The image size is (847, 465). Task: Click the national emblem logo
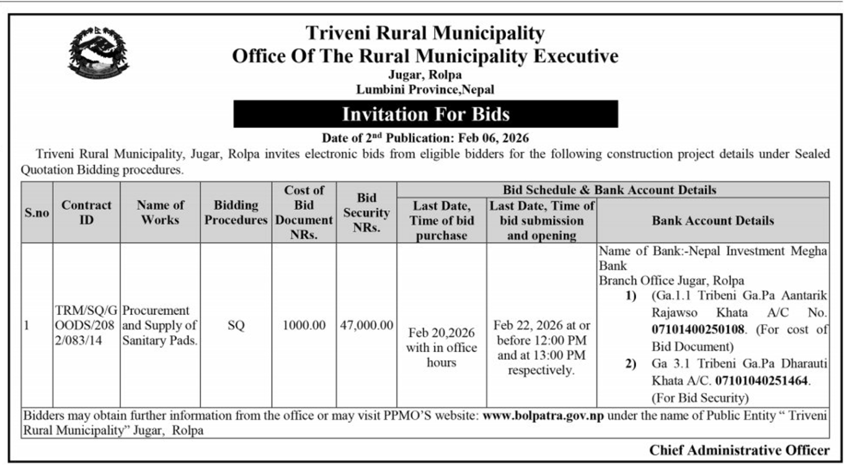98,53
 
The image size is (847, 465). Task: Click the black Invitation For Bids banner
425,114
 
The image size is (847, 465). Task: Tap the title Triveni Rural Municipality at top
425,33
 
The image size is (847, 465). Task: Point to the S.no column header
37,213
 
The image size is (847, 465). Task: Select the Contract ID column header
86,212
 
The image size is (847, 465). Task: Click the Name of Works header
160,212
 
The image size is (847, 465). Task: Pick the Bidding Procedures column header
236,212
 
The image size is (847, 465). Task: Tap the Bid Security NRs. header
366,213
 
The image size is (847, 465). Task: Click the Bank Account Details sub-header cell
712,220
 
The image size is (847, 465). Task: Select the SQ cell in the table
236,325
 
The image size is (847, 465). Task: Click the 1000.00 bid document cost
304,325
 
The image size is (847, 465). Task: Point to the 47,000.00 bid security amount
366,325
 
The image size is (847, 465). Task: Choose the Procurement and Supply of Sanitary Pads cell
160,325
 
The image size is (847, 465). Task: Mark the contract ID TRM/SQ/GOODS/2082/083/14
86,325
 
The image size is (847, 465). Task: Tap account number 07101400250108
700,330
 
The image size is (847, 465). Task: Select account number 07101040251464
762,380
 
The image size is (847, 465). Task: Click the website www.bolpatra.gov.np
543,416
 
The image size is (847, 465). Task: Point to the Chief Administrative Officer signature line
739,450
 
